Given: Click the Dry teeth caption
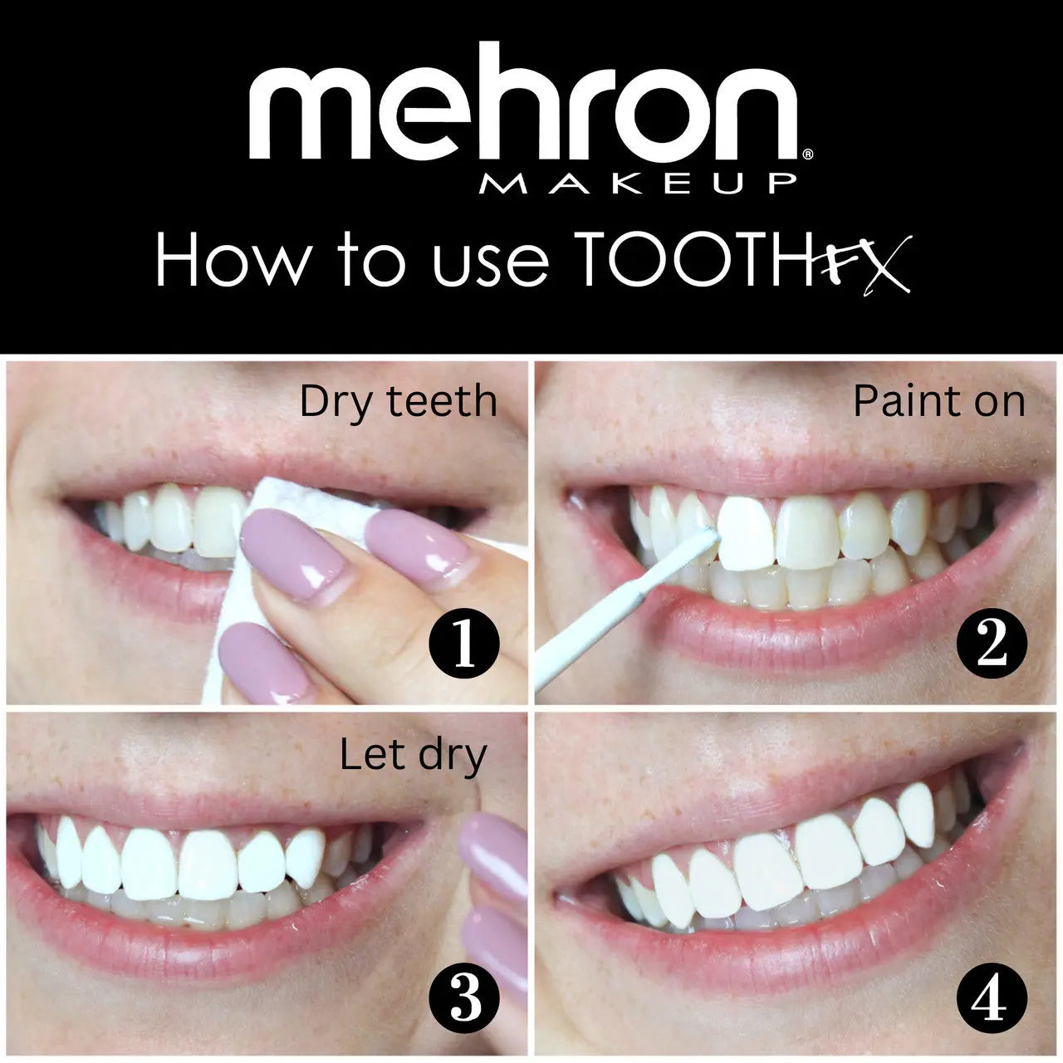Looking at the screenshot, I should click(x=398, y=402).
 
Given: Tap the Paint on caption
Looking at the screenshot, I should click(x=938, y=402).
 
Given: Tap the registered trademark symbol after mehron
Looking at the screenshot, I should click(x=808, y=154).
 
